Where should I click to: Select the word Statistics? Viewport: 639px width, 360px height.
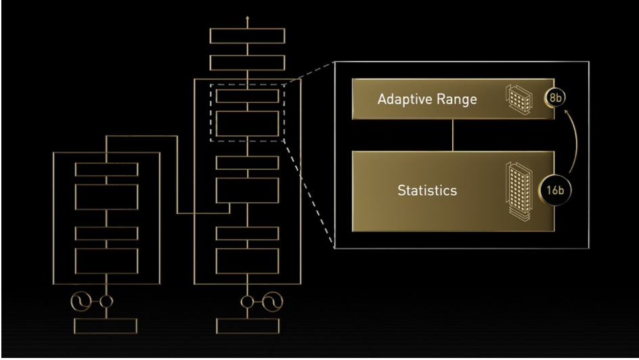click(x=427, y=190)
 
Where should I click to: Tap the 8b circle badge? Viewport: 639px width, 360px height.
click(x=555, y=97)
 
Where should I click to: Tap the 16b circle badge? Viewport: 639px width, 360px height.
click(x=555, y=190)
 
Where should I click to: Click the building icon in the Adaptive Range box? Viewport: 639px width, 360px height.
click(x=519, y=99)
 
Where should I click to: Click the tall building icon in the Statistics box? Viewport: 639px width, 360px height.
click(x=519, y=192)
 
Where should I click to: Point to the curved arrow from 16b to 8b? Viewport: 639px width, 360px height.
click(x=576, y=141)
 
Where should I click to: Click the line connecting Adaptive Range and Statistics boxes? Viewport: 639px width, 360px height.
click(x=453, y=135)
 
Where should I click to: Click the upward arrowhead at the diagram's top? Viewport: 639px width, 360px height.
click(x=247, y=18)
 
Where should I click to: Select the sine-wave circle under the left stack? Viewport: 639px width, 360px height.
click(x=81, y=301)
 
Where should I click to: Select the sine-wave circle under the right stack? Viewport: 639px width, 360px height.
click(x=272, y=302)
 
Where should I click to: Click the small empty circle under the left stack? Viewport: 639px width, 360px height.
click(x=106, y=302)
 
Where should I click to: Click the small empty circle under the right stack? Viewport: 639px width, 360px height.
click(x=247, y=302)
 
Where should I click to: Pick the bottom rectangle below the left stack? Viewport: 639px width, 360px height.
click(x=106, y=326)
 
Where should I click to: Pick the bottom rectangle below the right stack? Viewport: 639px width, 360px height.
click(x=248, y=326)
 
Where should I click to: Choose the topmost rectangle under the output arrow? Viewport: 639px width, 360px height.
click(x=247, y=36)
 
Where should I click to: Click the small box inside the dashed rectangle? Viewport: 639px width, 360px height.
click(x=247, y=96)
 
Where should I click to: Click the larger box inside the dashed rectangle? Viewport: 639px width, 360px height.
click(x=247, y=123)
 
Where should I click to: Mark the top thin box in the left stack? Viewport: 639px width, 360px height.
click(x=106, y=169)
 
